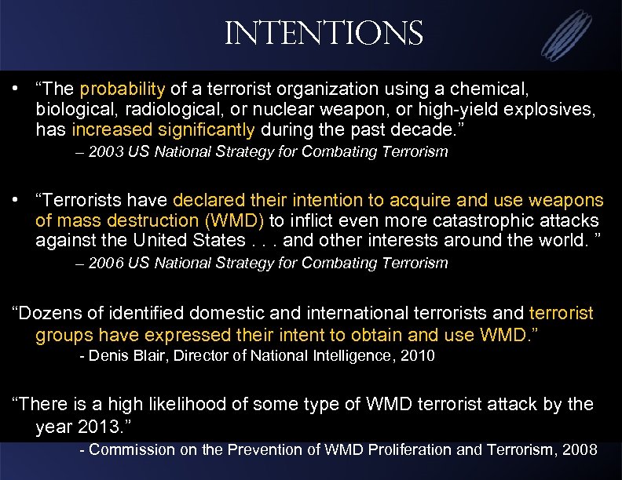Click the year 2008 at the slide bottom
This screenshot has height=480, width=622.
(580, 451)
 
